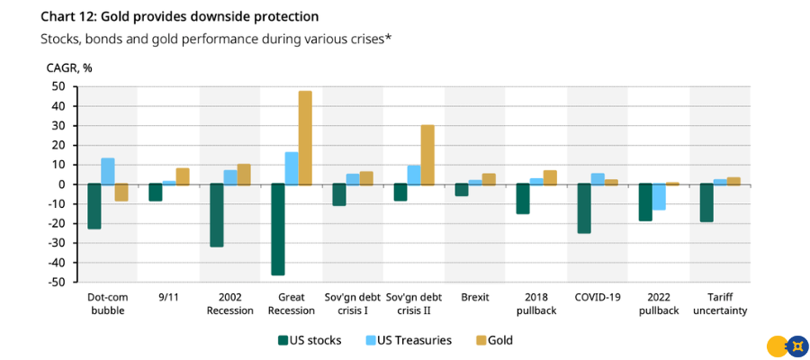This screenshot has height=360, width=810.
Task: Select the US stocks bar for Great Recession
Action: [278, 229]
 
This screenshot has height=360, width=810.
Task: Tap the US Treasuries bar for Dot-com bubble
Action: [108, 171]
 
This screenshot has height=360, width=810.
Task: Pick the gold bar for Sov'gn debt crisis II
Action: [427, 154]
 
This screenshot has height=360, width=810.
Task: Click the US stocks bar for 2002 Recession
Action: [217, 215]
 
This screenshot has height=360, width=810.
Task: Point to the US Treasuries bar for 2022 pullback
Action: [659, 197]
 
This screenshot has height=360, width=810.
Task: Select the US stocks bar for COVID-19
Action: [584, 209]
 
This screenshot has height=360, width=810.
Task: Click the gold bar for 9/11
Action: [183, 176]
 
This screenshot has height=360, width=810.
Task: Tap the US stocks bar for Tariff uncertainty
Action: [706, 202]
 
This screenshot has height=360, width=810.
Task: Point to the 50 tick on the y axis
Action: [58, 86]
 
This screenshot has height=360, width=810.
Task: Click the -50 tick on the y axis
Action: [56, 282]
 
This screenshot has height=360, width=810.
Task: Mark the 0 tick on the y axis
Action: [61, 184]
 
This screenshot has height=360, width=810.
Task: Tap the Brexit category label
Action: [474, 296]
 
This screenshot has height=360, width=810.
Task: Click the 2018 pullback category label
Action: [535, 303]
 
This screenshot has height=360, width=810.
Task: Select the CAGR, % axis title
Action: [68, 67]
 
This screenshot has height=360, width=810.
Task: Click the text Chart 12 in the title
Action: [71, 16]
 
